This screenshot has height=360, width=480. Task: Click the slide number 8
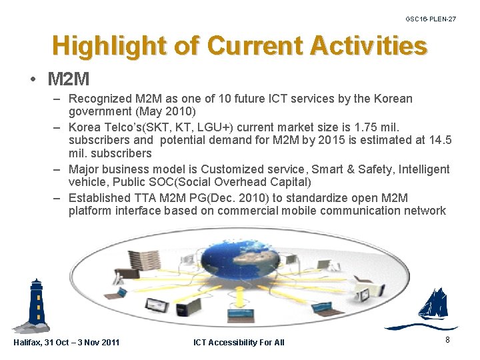[447, 339]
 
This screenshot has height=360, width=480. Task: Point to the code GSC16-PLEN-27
[431, 19]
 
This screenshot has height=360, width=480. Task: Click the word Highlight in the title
[109, 46]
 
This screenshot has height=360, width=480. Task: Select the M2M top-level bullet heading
[68, 79]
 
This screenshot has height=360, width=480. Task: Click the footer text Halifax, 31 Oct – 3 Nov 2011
[67, 342]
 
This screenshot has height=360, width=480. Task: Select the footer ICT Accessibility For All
[239, 342]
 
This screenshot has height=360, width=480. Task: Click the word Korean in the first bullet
[393, 99]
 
